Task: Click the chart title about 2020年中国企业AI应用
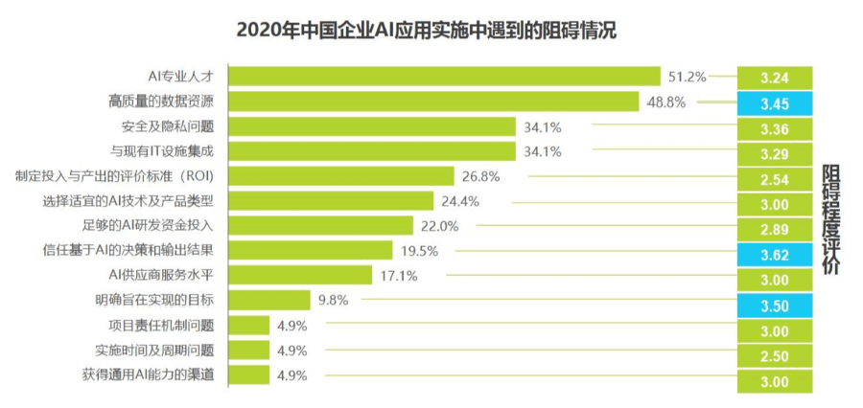pos(426,31)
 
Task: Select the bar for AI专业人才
pos(444,77)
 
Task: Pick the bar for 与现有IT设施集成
pos(372,151)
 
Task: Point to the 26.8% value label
pos(480,176)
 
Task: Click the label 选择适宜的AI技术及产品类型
pos(128,201)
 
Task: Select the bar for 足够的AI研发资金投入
pos(320,225)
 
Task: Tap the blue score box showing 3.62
pos(775,255)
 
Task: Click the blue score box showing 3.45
pos(775,103)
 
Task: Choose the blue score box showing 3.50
pos(775,306)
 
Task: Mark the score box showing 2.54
pos(775,179)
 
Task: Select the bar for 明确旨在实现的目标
pos(269,300)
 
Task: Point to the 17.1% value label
pos(399,276)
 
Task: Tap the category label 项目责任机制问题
pos(161,325)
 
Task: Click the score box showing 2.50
pos(775,356)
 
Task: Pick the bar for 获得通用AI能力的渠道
pos(248,374)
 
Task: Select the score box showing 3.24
pos(775,78)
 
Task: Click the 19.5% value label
pos(419,251)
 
